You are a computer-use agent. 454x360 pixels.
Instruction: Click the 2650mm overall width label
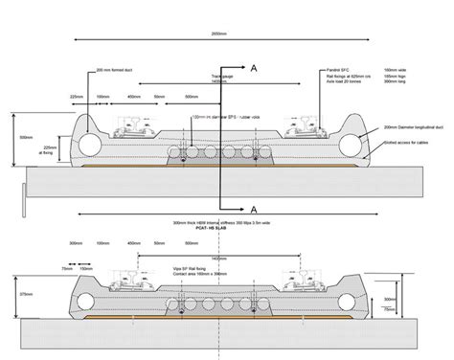tap(219, 34)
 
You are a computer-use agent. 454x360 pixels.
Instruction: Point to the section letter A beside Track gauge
tap(253, 69)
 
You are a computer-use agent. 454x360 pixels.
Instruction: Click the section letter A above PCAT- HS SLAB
tap(253, 208)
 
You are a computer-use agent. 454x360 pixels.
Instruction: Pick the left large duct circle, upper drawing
tap(90, 144)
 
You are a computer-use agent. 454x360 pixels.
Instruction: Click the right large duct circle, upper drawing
tap(351, 144)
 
